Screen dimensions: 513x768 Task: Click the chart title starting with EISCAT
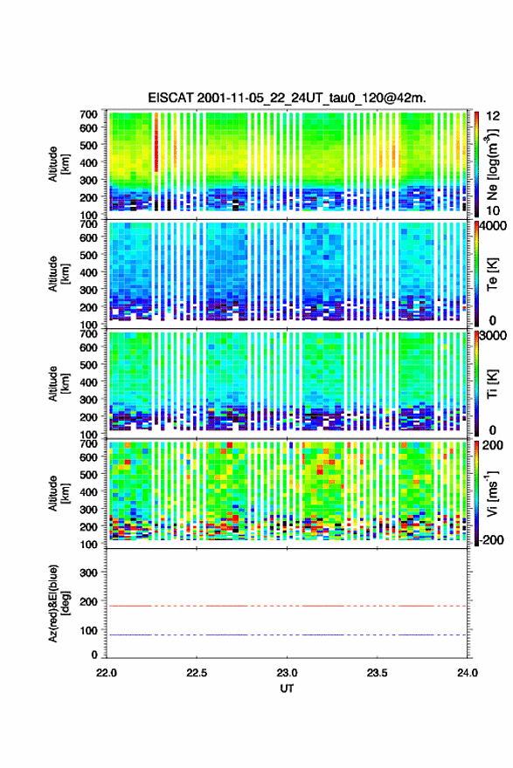coord(287,98)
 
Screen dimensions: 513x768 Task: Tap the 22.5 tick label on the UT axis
coord(197,673)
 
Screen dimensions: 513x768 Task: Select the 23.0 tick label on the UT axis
coord(287,673)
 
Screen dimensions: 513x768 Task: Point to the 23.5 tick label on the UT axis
coord(378,673)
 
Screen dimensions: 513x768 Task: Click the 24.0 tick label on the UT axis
coord(468,673)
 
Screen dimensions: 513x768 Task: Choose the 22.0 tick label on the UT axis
coord(107,673)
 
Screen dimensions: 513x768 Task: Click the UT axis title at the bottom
coord(287,689)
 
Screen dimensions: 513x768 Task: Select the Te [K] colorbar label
coord(492,274)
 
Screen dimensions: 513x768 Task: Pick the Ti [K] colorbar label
coord(492,384)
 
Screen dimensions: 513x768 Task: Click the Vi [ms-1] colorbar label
coord(492,494)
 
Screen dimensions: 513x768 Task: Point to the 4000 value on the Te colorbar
coord(494,226)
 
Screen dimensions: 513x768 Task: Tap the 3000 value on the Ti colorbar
coord(494,335)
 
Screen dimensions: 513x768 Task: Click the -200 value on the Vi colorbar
coord(489,539)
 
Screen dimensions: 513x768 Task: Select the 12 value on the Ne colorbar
coord(494,116)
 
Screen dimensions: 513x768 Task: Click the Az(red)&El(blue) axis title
coord(59,603)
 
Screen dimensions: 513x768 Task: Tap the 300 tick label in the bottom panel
coord(89,573)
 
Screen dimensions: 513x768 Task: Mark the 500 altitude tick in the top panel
coord(89,145)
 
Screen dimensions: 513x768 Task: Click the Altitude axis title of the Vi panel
coord(59,493)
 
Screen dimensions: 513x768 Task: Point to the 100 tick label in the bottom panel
coord(89,630)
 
